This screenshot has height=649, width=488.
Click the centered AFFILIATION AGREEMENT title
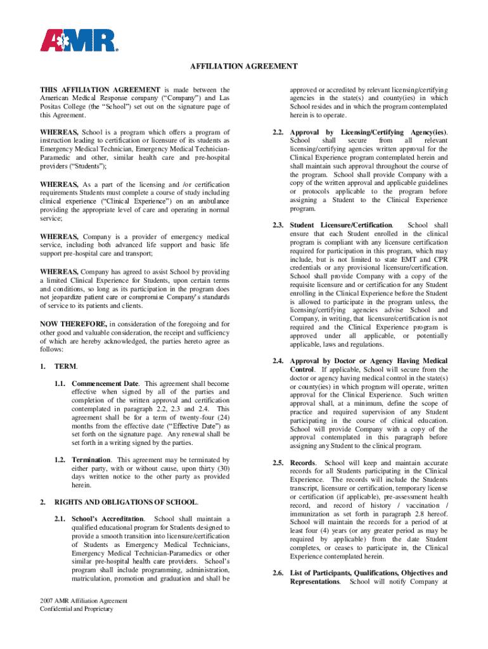coord(244,67)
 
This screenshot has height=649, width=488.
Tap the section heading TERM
coord(66,366)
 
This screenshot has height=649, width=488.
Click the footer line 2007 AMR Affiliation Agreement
coord(84,601)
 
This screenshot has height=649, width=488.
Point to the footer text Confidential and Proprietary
coord(76,609)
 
